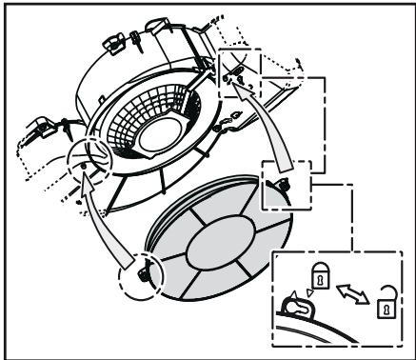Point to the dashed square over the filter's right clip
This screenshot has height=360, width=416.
coord(283,185)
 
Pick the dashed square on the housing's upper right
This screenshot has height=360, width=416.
coord(234,67)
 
